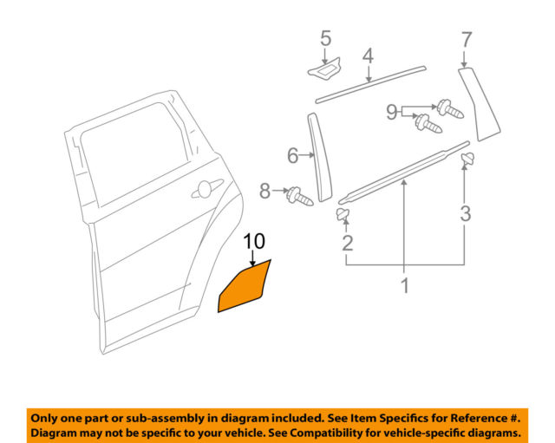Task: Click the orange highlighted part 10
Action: point(245,287)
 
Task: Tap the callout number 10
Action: point(254,242)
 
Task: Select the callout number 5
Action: point(326,38)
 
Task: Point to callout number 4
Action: point(368,56)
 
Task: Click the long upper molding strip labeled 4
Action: point(370,84)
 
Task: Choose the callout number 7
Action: point(467,39)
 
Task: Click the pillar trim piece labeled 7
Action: point(479,104)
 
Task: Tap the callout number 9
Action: point(392,112)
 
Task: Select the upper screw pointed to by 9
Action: point(450,109)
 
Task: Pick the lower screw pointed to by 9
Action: point(428,123)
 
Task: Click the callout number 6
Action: point(293,155)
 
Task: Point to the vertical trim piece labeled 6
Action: point(320,158)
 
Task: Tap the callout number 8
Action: point(265,191)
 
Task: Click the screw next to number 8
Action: point(300,197)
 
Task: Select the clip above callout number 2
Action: point(343,214)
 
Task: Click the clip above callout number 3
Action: point(468,159)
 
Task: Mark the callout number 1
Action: point(405,285)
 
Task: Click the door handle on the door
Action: point(207,189)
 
